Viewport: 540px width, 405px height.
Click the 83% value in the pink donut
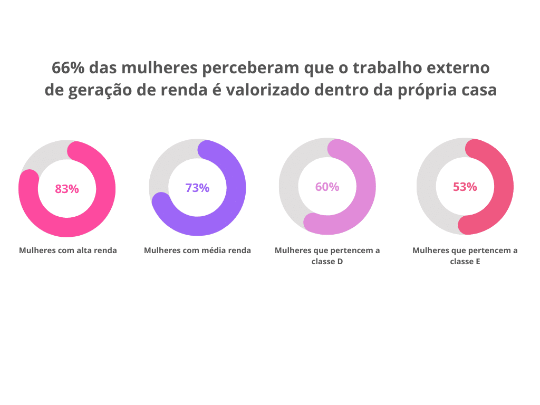coord(67,189)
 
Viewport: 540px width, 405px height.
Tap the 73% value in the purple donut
coord(197,188)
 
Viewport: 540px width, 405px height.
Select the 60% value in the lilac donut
coord(327,187)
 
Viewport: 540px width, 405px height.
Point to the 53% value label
coord(465,187)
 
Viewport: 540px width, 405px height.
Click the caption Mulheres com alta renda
coord(68,250)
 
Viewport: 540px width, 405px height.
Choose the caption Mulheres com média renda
coord(197,250)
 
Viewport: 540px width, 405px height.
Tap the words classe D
coord(327,262)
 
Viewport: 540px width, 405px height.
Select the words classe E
coord(465,262)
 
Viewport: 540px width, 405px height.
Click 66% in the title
coord(68,67)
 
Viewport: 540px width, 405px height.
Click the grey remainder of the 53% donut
coord(426,186)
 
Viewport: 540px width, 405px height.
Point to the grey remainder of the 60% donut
coord(288,186)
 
